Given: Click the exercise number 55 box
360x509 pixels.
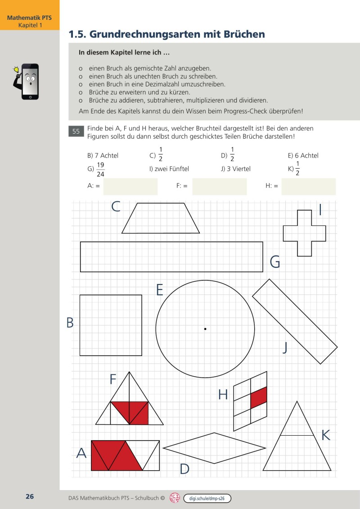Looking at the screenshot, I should (x=76, y=131).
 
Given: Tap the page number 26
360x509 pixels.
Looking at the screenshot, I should (x=30, y=497).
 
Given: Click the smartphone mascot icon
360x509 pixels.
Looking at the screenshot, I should (x=28, y=81).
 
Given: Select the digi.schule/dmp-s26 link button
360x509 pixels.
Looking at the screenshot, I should (x=207, y=498).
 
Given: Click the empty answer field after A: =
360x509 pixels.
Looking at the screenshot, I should (x=130, y=186).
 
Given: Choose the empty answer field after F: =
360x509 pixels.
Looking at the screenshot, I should (x=219, y=186).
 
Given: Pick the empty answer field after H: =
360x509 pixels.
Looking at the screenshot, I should (x=308, y=186).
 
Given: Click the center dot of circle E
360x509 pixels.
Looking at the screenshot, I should (x=205, y=329).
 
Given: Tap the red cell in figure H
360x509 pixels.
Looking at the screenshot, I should (x=259, y=397).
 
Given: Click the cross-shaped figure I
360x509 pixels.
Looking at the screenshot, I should (x=305, y=233).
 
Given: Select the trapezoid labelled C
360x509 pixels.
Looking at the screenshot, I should (x=161, y=219).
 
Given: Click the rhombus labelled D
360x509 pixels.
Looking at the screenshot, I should (x=215, y=448).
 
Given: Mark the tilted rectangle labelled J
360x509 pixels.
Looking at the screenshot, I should (x=295, y=321).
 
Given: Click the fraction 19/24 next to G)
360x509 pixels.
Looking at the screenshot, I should (x=100, y=169).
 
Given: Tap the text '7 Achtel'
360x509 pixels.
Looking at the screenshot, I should (x=106, y=156).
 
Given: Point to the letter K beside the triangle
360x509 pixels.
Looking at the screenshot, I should (x=326, y=435).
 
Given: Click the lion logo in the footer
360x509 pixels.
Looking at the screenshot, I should (x=175, y=498).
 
